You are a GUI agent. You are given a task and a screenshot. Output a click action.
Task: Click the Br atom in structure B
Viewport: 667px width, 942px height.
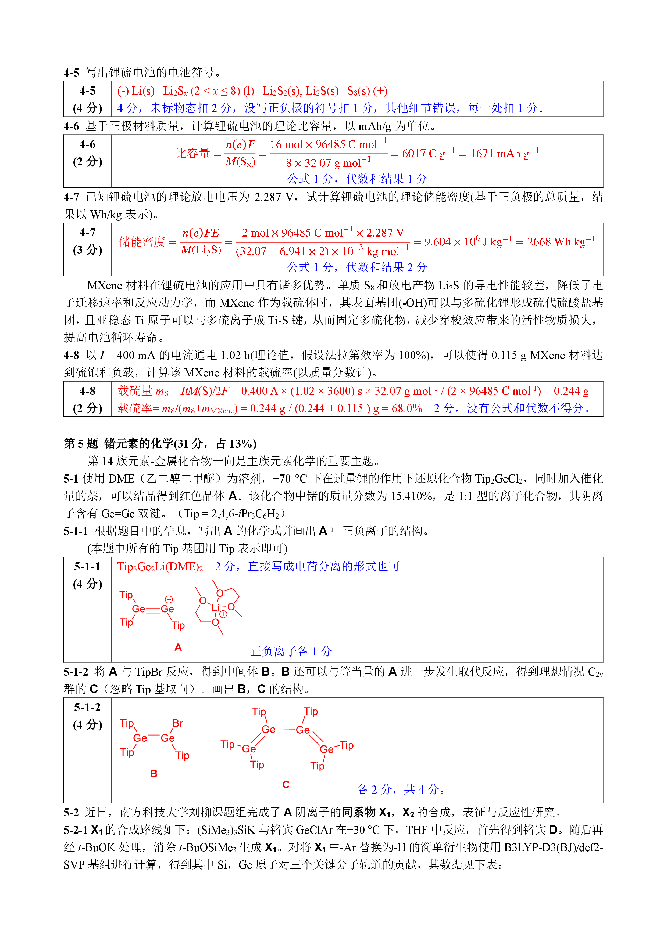pos(177,723)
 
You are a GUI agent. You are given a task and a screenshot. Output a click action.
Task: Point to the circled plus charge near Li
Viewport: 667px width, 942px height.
pos(223,614)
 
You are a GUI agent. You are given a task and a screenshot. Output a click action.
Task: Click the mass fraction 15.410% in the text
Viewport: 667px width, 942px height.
pos(412,496)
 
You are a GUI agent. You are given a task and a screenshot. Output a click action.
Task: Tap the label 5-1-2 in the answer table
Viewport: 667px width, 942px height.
pos(87,707)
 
